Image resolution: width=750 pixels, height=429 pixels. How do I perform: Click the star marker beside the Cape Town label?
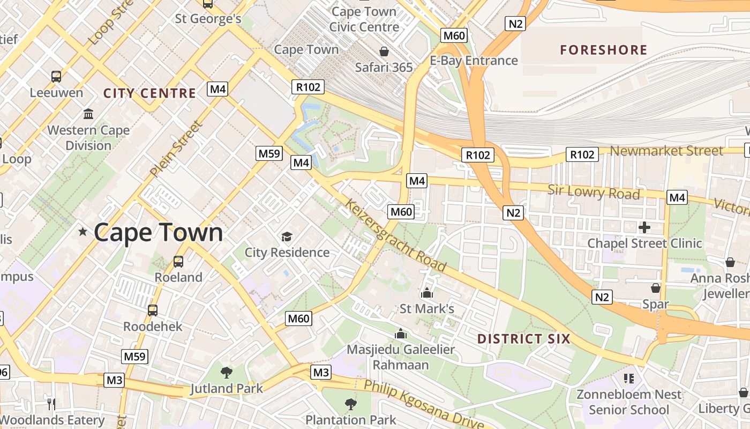click(83, 232)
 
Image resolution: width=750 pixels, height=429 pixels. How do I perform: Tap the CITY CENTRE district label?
click(149, 93)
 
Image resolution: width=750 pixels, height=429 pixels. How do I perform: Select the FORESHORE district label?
click(604, 50)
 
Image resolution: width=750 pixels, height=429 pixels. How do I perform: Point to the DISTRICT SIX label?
click(523, 339)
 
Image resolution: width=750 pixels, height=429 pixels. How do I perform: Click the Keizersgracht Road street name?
click(396, 235)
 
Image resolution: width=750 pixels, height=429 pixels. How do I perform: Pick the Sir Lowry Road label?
click(594, 192)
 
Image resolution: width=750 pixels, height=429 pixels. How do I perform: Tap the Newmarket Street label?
click(666, 151)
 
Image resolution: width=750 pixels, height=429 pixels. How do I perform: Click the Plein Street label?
click(176, 149)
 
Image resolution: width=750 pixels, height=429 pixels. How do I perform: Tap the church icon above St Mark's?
click(427, 293)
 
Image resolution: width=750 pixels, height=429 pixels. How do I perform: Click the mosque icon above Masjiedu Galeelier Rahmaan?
click(401, 334)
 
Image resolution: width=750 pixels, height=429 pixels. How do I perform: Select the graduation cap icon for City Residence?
click(287, 236)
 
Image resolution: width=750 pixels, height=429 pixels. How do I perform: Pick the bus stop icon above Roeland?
click(178, 262)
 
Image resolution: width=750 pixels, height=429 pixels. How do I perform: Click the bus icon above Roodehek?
click(153, 310)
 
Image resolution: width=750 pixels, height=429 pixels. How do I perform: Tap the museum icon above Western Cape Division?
click(88, 114)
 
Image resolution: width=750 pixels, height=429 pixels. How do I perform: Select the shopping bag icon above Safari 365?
click(384, 51)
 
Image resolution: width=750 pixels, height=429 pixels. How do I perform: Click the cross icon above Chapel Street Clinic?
click(644, 227)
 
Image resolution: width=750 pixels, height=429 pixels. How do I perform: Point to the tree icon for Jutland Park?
click(227, 372)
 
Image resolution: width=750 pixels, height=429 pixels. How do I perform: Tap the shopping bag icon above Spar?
click(655, 289)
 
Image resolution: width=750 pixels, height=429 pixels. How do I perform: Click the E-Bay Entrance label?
click(474, 61)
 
